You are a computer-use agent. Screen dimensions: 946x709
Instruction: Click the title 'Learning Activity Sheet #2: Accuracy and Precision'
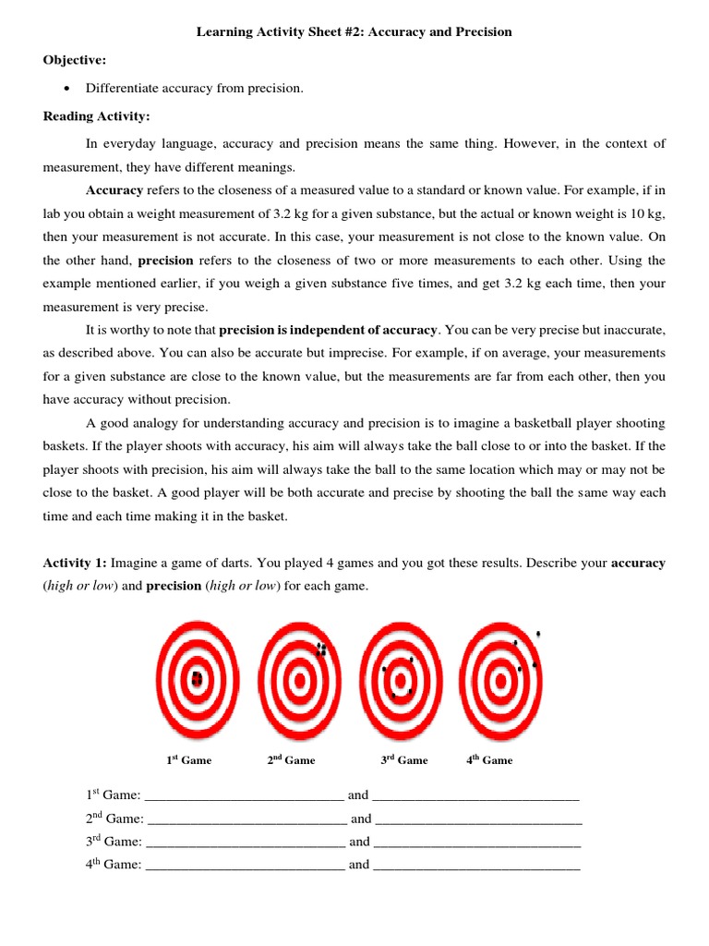pos(354,32)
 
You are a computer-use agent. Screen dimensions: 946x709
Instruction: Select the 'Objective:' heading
pos(75,60)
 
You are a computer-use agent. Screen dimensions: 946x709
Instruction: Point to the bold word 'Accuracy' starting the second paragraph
pos(114,190)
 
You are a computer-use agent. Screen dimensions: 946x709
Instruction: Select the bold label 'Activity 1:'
pos(75,563)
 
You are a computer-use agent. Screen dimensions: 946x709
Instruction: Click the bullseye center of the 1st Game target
pos(198,681)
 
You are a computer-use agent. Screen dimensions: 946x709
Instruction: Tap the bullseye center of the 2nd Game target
pos(299,682)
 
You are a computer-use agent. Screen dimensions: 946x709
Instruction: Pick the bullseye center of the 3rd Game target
pos(400,682)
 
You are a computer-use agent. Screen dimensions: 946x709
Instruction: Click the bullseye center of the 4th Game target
pos(500,682)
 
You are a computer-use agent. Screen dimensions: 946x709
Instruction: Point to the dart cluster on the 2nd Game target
pos(321,649)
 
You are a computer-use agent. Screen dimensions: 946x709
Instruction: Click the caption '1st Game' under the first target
pos(189,760)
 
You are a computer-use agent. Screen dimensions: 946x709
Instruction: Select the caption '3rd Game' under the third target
pos(404,760)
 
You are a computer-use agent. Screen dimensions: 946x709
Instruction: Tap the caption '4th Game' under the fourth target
pos(489,760)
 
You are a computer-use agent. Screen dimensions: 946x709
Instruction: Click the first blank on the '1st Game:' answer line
pos(245,795)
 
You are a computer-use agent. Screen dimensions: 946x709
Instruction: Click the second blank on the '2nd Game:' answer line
pos(479,819)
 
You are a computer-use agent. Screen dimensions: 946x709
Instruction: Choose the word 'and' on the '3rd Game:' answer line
pos(359,842)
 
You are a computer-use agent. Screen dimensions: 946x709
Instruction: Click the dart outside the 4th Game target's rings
pos(538,634)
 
